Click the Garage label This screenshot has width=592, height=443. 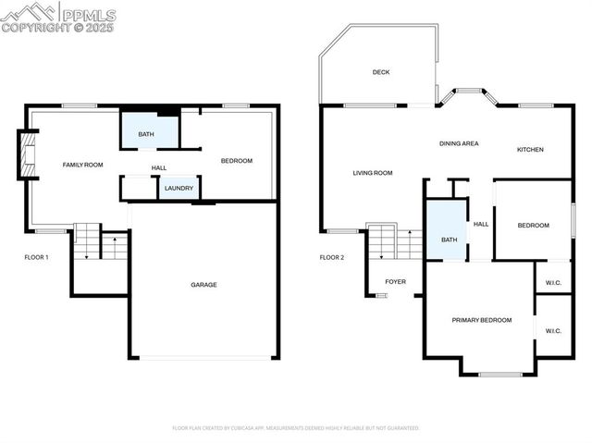[x=203, y=285]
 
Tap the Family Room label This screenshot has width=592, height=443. [x=82, y=165]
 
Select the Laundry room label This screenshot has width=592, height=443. [x=179, y=189]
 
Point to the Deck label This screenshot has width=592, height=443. [x=381, y=72]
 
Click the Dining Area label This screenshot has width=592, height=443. [x=458, y=143]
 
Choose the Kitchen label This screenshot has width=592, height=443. [x=530, y=150]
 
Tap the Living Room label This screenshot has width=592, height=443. [x=373, y=173]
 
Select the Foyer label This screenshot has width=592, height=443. [x=395, y=281]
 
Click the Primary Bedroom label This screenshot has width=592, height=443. [x=481, y=320]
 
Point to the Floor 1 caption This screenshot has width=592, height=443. [x=37, y=257]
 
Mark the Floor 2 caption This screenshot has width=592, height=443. [x=332, y=257]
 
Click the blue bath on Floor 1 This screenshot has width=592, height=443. [x=148, y=132]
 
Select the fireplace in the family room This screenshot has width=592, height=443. [x=27, y=154]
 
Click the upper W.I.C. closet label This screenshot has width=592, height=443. [x=553, y=281]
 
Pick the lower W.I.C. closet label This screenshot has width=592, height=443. [x=553, y=330]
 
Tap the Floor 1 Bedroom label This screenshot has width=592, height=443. [x=236, y=161]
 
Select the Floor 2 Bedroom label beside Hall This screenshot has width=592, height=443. [x=533, y=226]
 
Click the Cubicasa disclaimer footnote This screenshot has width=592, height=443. [x=296, y=428]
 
